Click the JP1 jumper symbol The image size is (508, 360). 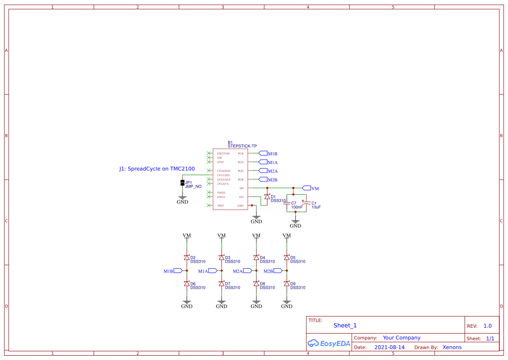point(183,183)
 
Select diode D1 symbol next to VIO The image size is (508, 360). point(267,197)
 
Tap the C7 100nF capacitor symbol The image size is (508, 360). point(287,203)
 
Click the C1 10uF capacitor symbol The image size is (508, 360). point(306,203)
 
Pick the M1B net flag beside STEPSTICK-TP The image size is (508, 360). point(263,153)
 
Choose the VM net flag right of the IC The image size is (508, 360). point(306,188)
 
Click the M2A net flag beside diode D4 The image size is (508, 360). point(247,270)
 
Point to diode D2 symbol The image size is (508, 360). point(187,257)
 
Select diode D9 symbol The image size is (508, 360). point(287,283)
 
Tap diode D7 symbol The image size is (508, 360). point(222,283)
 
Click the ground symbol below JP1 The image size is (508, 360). point(183,199)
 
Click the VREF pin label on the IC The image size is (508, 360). point(220,205)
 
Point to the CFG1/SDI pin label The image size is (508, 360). point(223,175)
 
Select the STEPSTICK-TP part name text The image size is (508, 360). point(242,146)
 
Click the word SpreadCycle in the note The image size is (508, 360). point(144,169)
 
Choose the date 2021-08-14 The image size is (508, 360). point(389,347)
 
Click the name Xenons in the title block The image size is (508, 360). point(452,347)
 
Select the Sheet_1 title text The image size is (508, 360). point(345,325)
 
